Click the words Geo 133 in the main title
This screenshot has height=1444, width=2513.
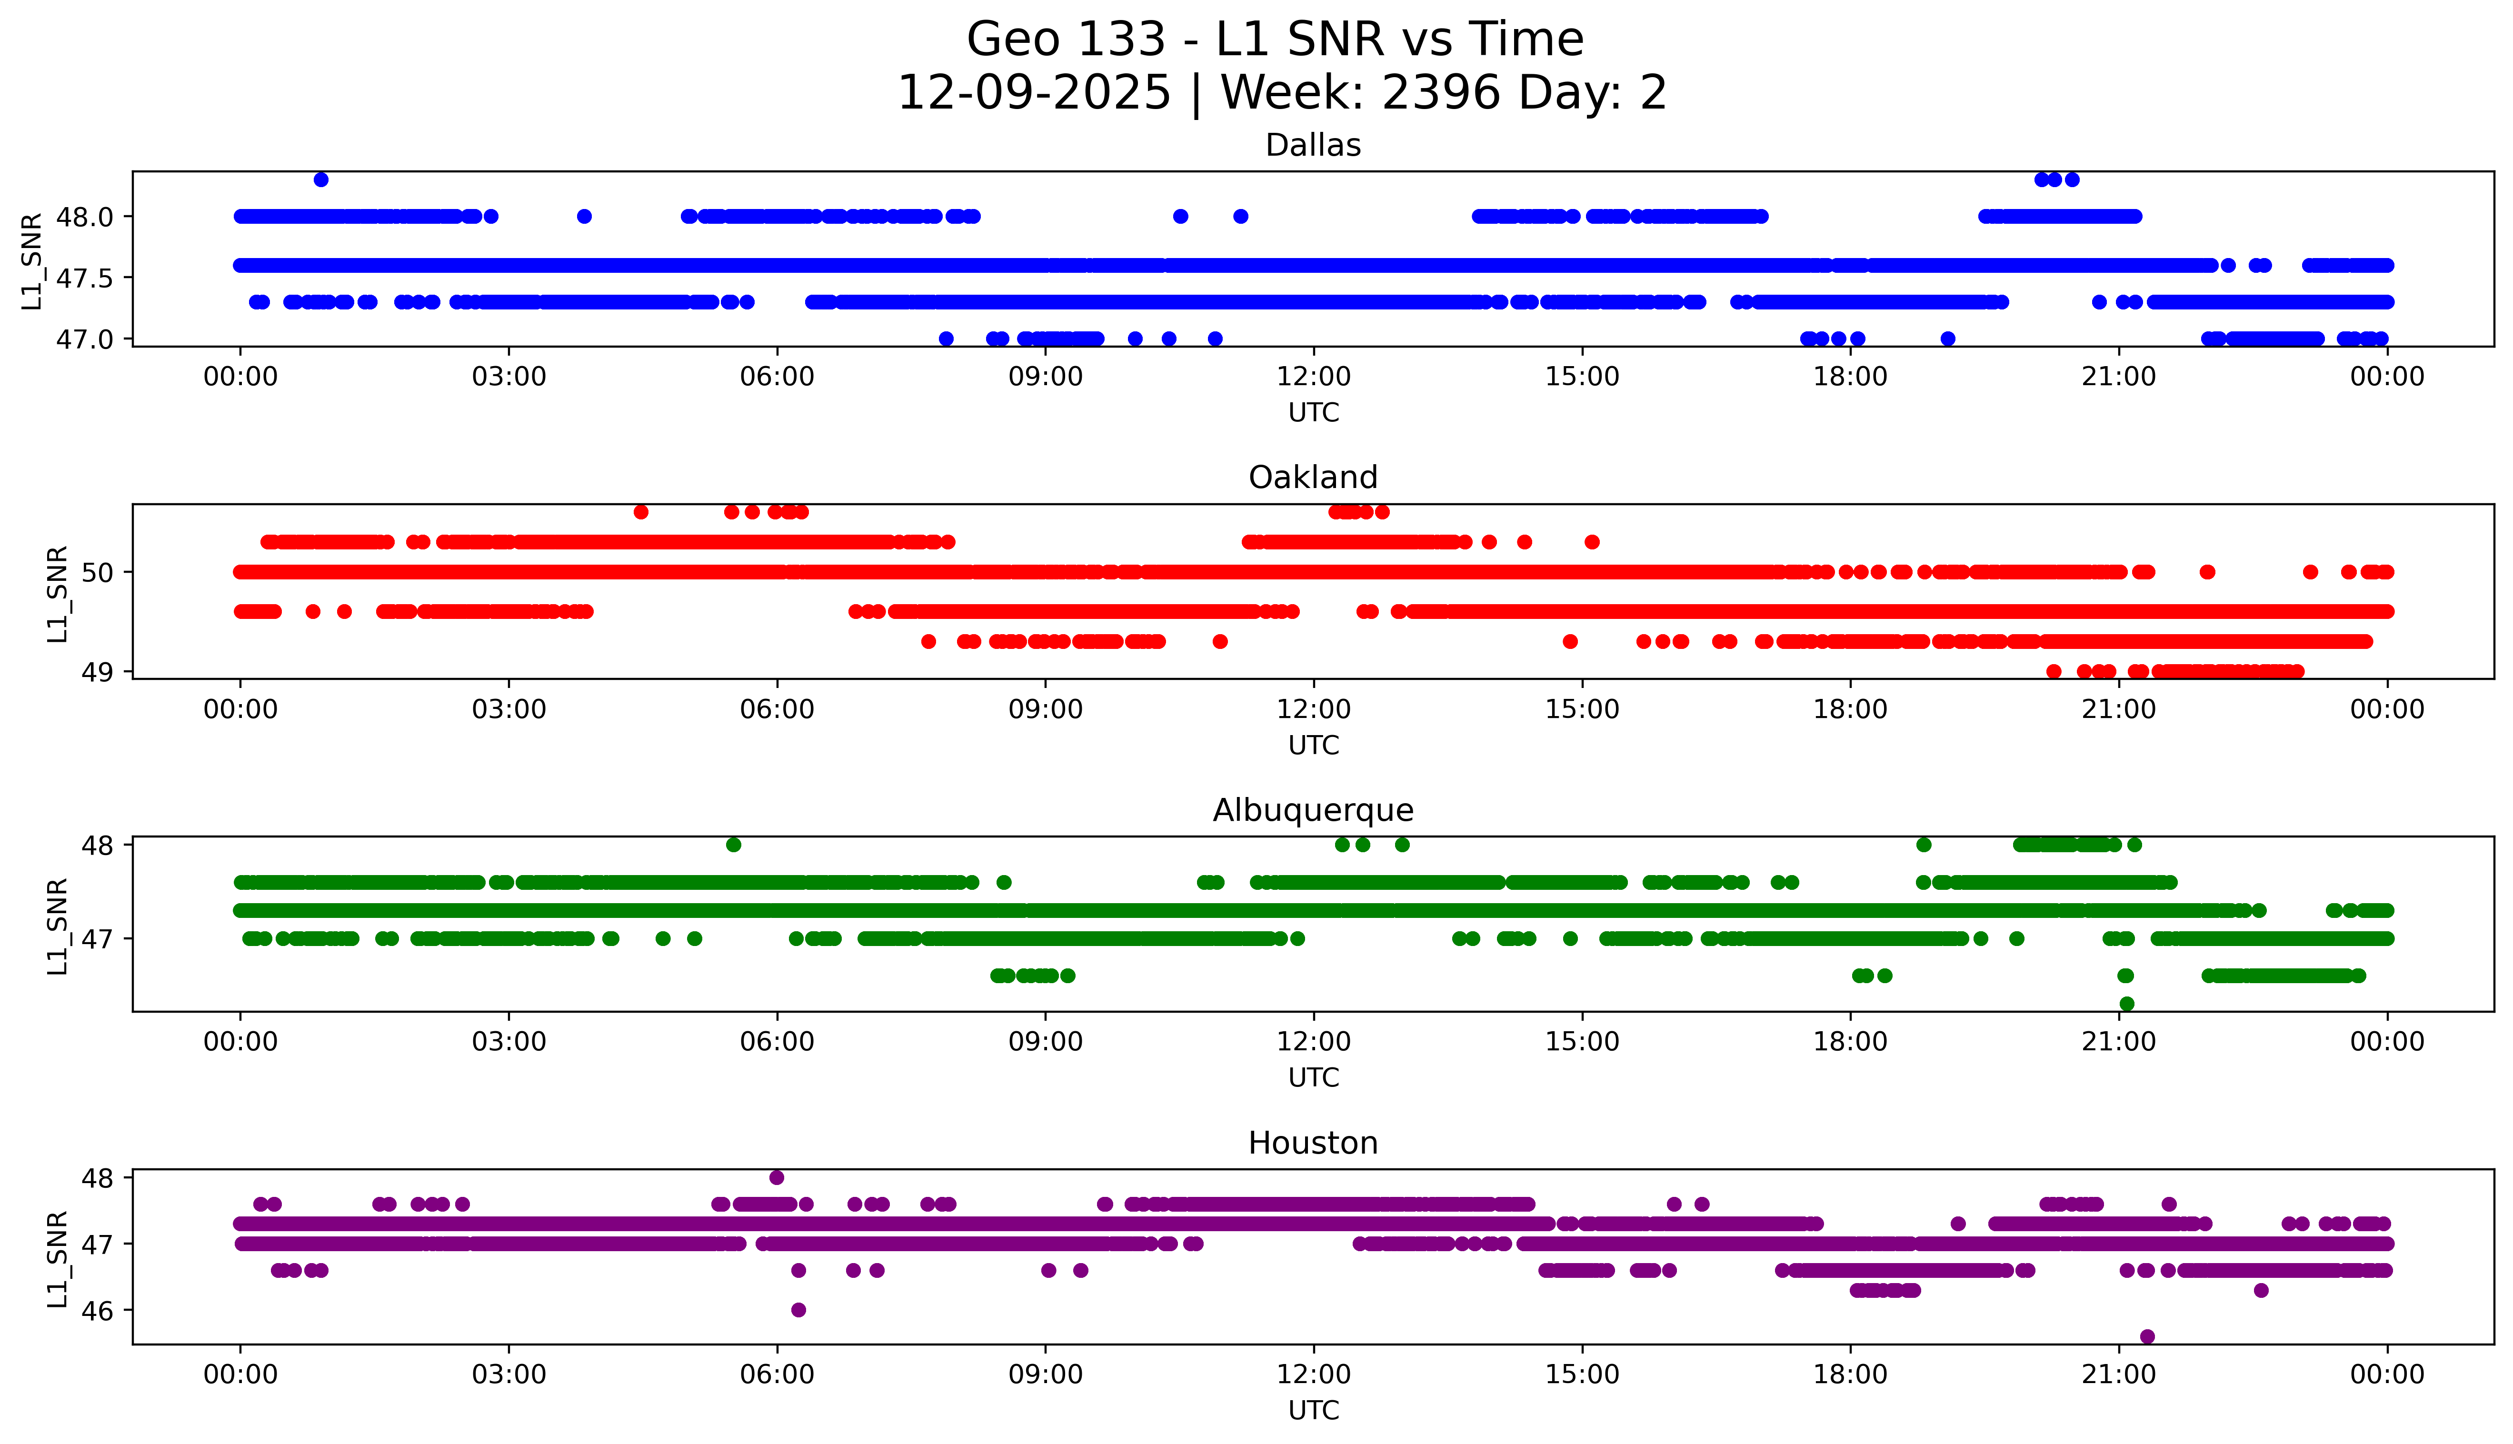1065,40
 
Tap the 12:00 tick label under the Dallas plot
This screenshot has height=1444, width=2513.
1313,377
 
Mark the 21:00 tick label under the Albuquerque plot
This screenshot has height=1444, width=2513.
2118,1042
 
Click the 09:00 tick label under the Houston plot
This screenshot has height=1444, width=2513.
1045,1374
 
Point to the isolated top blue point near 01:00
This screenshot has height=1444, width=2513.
320,179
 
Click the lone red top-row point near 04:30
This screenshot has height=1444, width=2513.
641,512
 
